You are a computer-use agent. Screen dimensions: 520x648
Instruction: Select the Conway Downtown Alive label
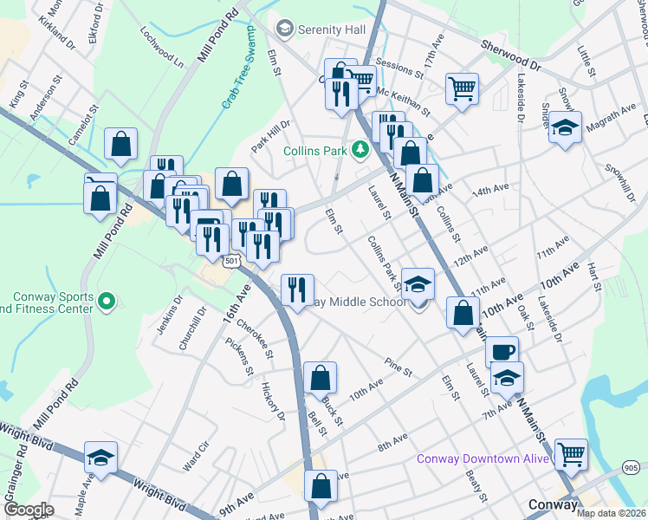[x=482, y=458]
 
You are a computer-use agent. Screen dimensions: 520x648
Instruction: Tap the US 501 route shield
[x=230, y=261]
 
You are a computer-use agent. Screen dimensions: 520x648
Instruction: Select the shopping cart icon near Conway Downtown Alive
[x=571, y=453]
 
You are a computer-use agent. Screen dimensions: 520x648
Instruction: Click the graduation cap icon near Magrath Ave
[x=565, y=128]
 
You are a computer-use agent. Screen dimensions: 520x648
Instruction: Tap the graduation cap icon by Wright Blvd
[x=101, y=458]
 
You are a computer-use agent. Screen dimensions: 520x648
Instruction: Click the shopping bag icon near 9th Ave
[x=321, y=486]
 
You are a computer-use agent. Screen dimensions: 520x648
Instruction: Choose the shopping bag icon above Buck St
[x=320, y=377]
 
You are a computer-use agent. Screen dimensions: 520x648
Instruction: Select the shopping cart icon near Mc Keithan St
[x=462, y=88]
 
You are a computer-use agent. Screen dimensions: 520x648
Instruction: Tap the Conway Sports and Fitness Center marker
[x=107, y=302]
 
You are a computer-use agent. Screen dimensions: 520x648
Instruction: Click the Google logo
[x=29, y=510]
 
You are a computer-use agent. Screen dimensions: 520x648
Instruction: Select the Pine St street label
[x=399, y=367]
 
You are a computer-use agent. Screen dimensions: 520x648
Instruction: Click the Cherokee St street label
[x=255, y=342]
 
